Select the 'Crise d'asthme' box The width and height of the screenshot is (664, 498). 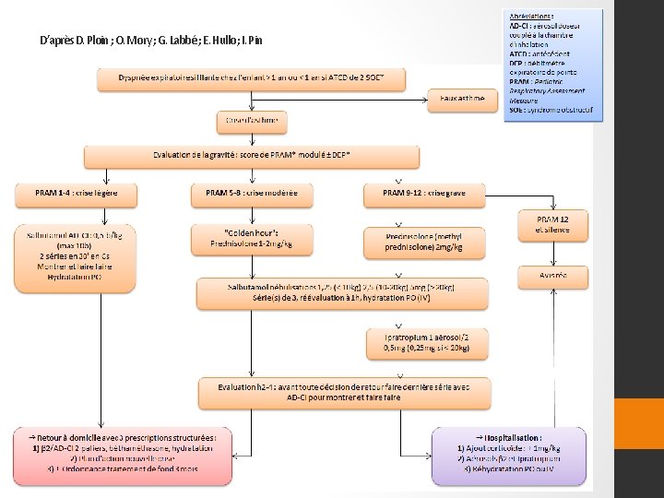pos(251,121)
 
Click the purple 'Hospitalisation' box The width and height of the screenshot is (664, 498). pos(508,455)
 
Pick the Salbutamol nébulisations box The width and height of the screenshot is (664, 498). pos(335,293)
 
